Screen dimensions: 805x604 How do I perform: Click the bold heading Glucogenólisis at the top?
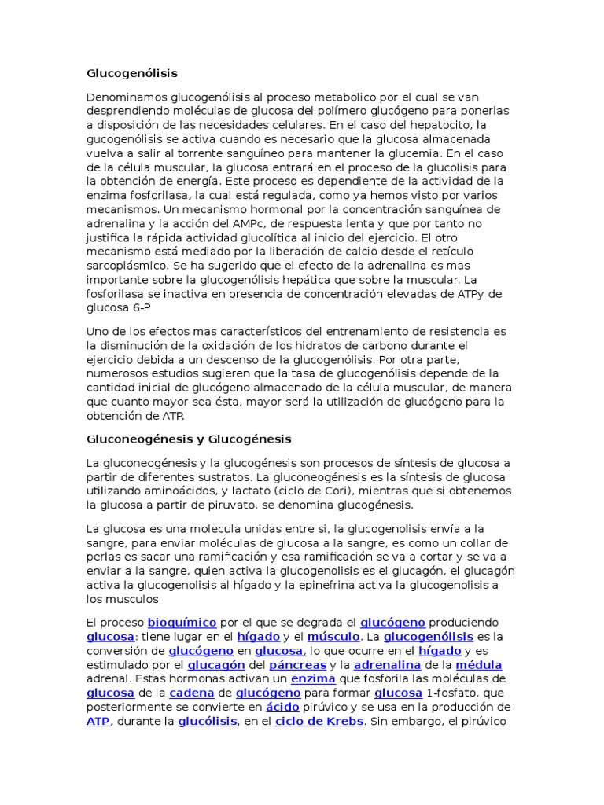(132, 74)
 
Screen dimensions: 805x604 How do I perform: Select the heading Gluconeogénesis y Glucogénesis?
(189, 439)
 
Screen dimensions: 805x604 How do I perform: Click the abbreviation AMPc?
(245, 223)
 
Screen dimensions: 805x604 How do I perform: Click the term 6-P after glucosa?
(139, 308)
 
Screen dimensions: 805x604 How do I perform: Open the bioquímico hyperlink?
(182, 623)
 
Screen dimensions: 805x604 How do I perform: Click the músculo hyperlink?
(333, 637)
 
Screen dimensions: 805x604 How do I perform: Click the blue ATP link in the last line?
(98, 722)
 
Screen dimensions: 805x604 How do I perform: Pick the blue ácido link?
(283, 708)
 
